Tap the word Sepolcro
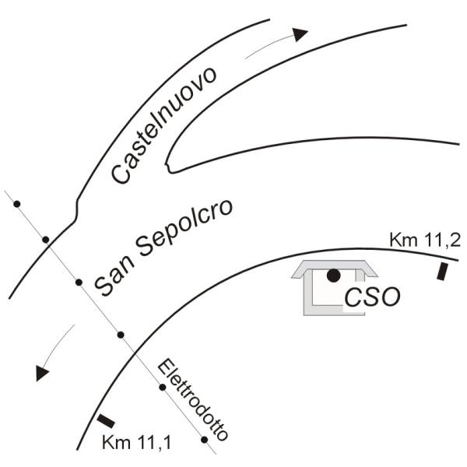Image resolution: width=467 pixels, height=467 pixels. coord(184,228)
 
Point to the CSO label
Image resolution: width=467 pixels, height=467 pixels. coord(372,297)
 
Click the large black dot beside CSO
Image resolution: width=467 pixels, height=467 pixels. coord(333,276)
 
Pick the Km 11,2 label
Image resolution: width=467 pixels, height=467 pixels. coord(425,240)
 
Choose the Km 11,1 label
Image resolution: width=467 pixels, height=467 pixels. coord(137,443)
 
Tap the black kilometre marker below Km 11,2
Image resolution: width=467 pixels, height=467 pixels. coord(442,272)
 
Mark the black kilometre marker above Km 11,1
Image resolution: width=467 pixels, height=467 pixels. coord(106,421)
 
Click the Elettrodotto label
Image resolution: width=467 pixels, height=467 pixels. coord(193,401)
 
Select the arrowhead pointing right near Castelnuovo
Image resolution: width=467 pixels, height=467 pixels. coord(300,34)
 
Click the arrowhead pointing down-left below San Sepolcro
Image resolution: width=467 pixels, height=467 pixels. coord(41,372)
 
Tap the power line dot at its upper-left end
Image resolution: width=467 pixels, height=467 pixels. coord(17,204)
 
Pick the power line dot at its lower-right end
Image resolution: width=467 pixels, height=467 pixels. coord(204,440)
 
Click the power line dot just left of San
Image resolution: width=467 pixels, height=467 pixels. coord(79,283)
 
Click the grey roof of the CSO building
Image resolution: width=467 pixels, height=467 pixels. coord(334,265)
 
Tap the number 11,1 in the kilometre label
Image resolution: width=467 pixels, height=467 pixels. coord(154,443)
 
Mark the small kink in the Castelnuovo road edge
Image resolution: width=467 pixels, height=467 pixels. coord(76,210)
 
